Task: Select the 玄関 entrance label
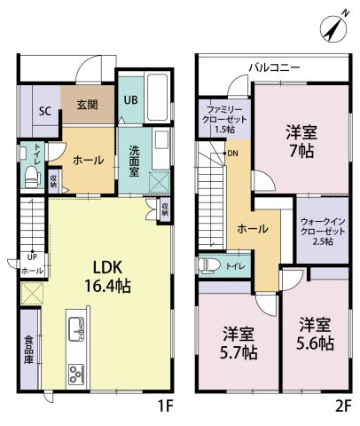(x=87, y=105)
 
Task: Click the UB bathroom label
(x=130, y=100)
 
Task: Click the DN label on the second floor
(x=232, y=154)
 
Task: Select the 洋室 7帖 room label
(x=301, y=139)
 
